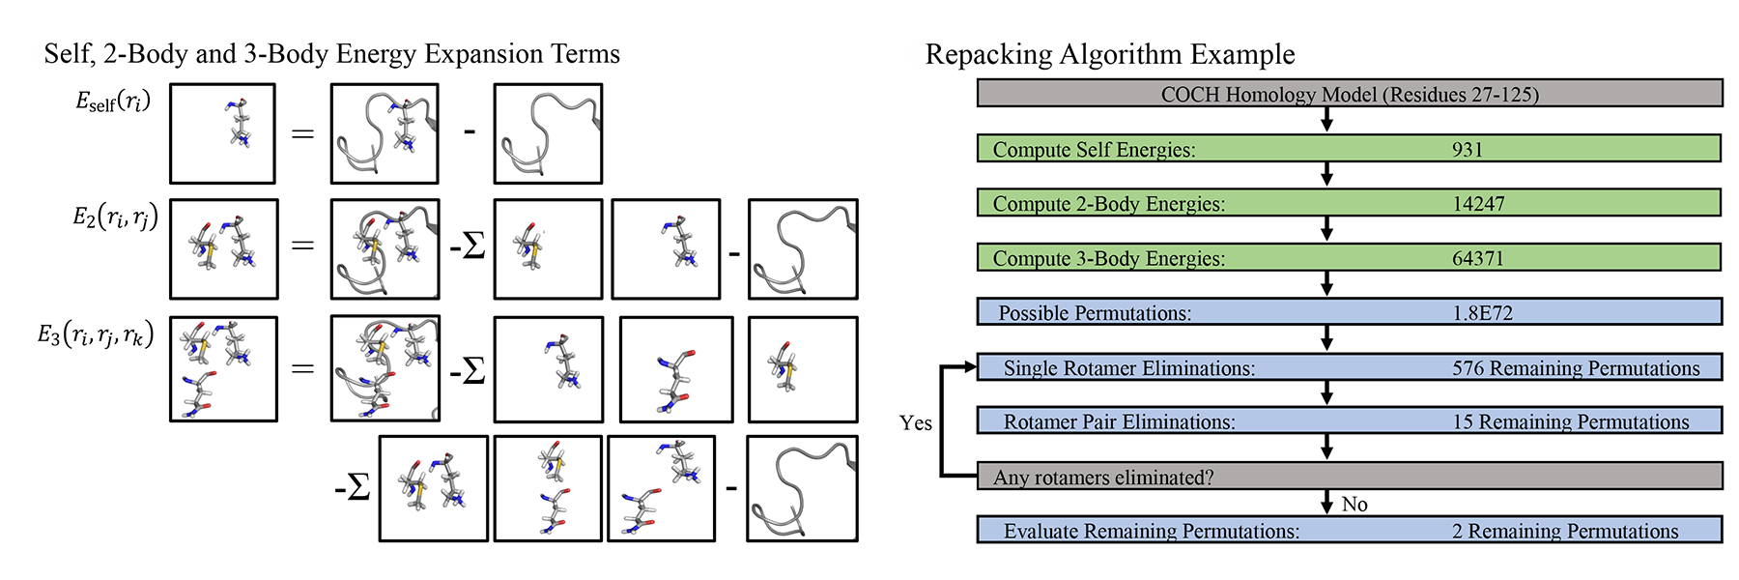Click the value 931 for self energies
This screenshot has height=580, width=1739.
coord(1467,150)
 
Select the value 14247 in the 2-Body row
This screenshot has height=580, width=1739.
coord(1478,204)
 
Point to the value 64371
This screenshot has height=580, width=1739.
coord(1478,259)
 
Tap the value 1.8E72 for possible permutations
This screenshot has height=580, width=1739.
coord(1482,313)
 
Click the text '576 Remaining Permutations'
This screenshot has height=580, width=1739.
coord(1576,368)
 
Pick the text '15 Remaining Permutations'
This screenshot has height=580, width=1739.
coord(1571,422)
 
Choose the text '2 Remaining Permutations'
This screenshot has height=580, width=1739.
coord(1565,532)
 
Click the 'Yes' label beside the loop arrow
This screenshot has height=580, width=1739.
coord(915,423)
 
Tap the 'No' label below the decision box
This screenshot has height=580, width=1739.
coord(1354,505)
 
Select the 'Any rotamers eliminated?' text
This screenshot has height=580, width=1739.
coord(1103,478)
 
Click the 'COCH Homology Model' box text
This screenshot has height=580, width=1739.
coord(1350,95)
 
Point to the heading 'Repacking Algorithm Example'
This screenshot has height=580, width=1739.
coord(1110,54)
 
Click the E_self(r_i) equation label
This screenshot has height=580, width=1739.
coord(113,101)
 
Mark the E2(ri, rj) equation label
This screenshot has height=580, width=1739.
coord(115,217)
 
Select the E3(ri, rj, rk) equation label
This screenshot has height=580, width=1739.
coord(96,335)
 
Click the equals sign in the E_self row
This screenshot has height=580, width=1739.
coord(303,133)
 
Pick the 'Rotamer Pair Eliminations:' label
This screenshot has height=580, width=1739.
coord(1119,422)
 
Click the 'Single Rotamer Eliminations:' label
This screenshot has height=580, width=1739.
coord(1128,368)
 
